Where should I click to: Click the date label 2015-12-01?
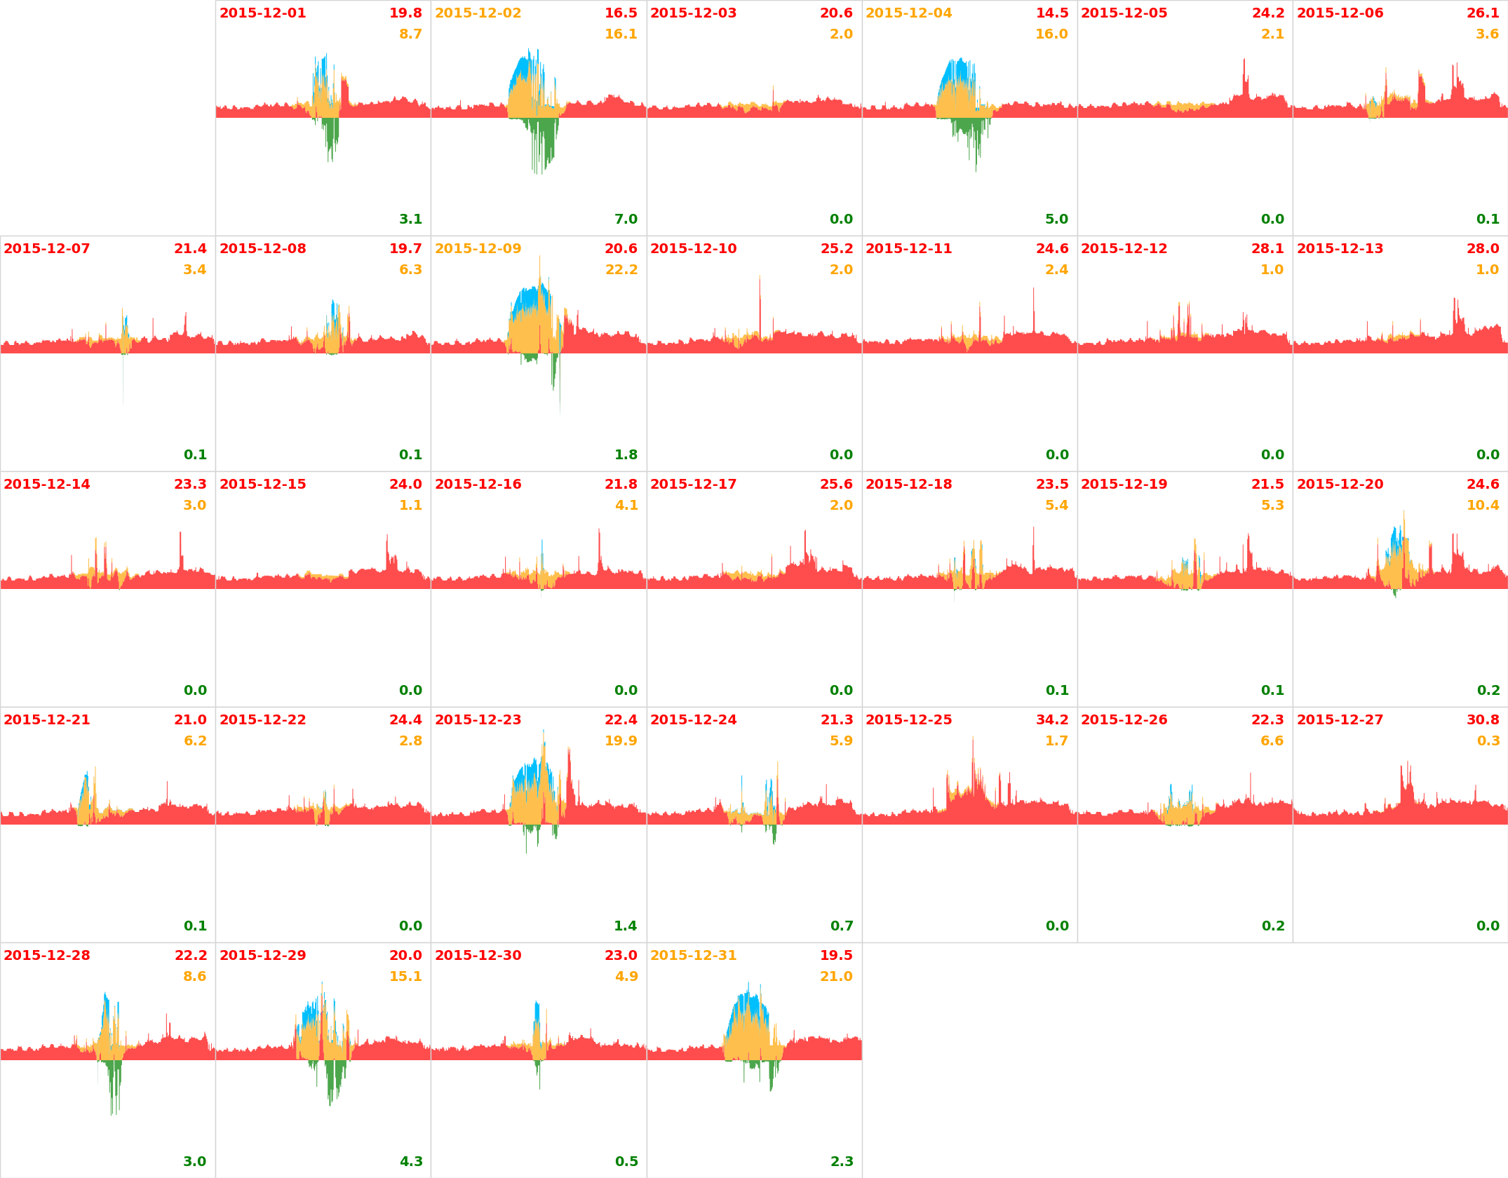point(262,13)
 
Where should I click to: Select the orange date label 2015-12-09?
point(478,249)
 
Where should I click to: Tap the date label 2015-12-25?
point(908,720)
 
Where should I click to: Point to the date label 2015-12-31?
point(693,956)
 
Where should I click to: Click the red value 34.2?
point(1052,720)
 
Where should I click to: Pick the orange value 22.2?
point(621,270)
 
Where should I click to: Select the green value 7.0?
point(626,219)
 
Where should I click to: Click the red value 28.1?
point(1267,249)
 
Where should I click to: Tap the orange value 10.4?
point(1482,506)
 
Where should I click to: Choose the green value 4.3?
point(411,1162)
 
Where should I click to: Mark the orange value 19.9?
point(621,741)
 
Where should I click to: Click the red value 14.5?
point(1052,13)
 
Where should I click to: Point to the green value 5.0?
point(1056,219)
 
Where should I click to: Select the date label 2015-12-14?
point(47,485)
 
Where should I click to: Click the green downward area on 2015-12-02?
point(544,144)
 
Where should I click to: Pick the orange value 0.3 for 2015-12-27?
point(1488,741)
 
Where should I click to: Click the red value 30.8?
point(1483,720)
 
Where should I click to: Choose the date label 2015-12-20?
point(1340,485)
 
